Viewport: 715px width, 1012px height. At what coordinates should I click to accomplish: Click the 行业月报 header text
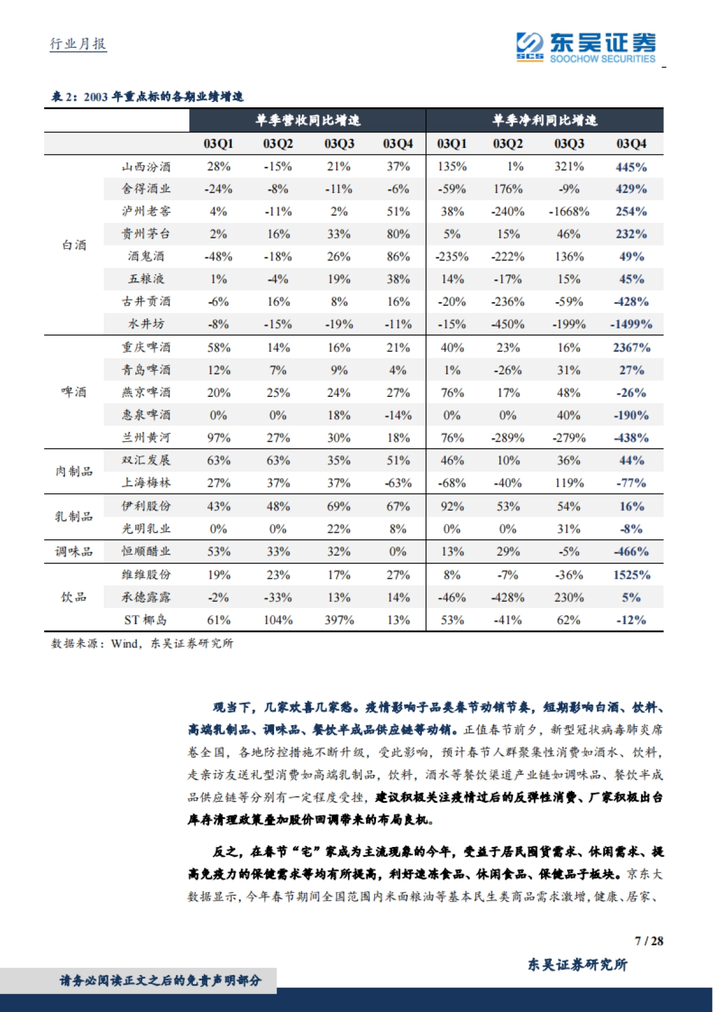pyautogui.click(x=78, y=44)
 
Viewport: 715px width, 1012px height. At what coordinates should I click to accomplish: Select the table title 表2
pyautogui.click(x=147, y=97)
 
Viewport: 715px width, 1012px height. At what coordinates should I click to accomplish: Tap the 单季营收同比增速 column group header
pyautogui.click(x=307, y=120)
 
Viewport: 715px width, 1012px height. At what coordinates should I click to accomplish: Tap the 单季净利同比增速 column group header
pyautogui.click(x=544, y=120)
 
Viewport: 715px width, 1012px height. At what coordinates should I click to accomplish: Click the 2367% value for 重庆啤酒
pyautogui.click(x=631, y=347)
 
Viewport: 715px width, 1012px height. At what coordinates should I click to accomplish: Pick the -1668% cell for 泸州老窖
pyautogui.click(x=569, y=212)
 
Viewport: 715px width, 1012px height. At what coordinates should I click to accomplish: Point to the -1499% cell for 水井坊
pyautogui.click(x=631, y=324)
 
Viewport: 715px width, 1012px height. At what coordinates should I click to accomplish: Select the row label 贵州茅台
pyautogui.click(x=146, y=234)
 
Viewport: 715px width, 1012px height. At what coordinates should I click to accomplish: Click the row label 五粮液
pyautogui.click(x=146, y=279)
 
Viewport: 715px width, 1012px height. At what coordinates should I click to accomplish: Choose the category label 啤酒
pyautogui.click(x=74, y=392)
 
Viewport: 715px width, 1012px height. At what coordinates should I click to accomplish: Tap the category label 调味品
pyautogui.click(x=74, y=552)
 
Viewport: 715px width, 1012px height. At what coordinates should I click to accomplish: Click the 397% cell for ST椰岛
pyautogui.click(x=338, y=620)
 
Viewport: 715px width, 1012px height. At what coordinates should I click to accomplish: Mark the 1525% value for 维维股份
pyautogui.click(x=631, y=575)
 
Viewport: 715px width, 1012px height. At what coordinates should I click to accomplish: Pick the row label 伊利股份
pyautogui.click(x=146, y=507)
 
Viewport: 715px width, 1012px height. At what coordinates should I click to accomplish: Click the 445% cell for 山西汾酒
pyautogui.click(x=631, y=167)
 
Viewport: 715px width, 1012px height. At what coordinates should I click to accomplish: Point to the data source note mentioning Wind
pyautogui.click(x=142, y=644)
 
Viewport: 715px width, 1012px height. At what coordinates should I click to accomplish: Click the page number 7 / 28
pyautogui.click(x=648, y=941)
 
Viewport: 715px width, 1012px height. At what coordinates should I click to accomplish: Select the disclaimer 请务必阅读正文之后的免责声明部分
pyautogui.click(x=160, y=980)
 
